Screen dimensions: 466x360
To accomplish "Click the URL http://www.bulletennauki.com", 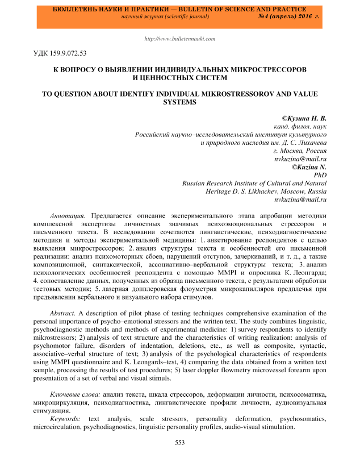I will point(180,39).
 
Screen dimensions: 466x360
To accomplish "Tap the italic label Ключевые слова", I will point(75,393).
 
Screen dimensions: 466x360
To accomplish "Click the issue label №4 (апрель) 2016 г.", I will point(288,18).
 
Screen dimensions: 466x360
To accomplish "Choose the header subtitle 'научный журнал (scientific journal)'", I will point(164,18).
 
